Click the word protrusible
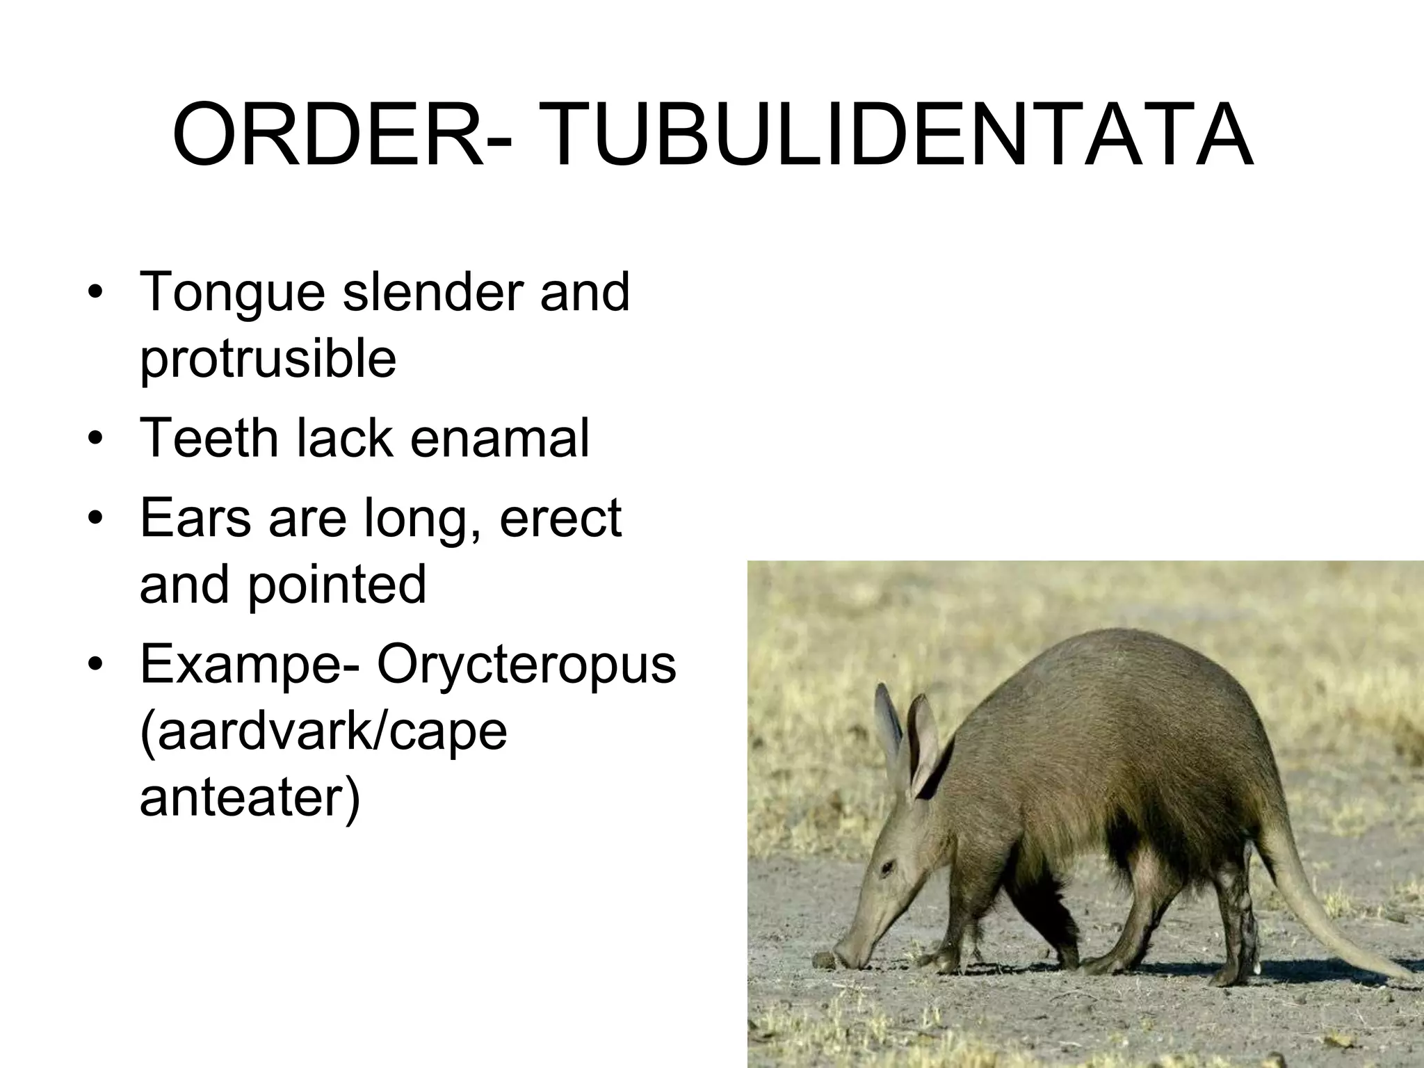(268, 359)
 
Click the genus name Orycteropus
(526, 665)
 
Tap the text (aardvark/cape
(323, 731)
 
